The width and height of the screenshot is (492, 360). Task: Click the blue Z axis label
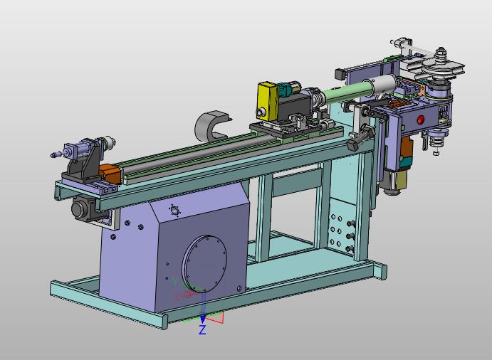pyautogui.click(x=202, y=329)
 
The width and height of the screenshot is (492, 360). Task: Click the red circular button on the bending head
pyautogui.click(x=421, y=120)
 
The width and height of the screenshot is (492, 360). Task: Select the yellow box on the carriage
pyautogui.click(x=267, y=101)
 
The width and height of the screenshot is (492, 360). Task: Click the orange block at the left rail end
pyautogui.click(x=110, y=174)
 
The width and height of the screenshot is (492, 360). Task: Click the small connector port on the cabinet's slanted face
pyautogui.click(x=174, y=211)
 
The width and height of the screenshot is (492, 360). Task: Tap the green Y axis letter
pyautogui.click(x=176, y=280)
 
